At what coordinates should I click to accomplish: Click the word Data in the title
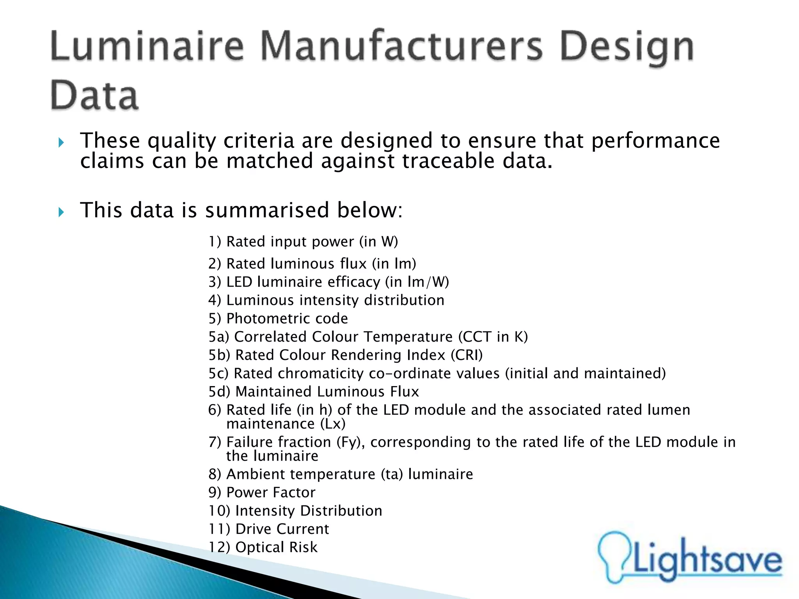pos(94,95)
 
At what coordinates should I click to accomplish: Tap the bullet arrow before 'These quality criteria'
pos(61,143)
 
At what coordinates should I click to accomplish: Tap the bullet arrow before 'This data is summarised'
pos(61,212)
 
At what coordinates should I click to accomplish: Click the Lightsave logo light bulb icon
pos(614,556)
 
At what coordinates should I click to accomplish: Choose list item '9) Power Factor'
pos(261,493)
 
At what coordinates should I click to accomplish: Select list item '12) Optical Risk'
pos(263,547)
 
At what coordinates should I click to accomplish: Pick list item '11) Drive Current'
pos(268,529)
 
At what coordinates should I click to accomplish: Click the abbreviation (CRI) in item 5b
pos(467,355)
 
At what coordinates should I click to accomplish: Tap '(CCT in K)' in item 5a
pos(493,337)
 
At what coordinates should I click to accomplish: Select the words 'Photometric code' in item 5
pos(287,319)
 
